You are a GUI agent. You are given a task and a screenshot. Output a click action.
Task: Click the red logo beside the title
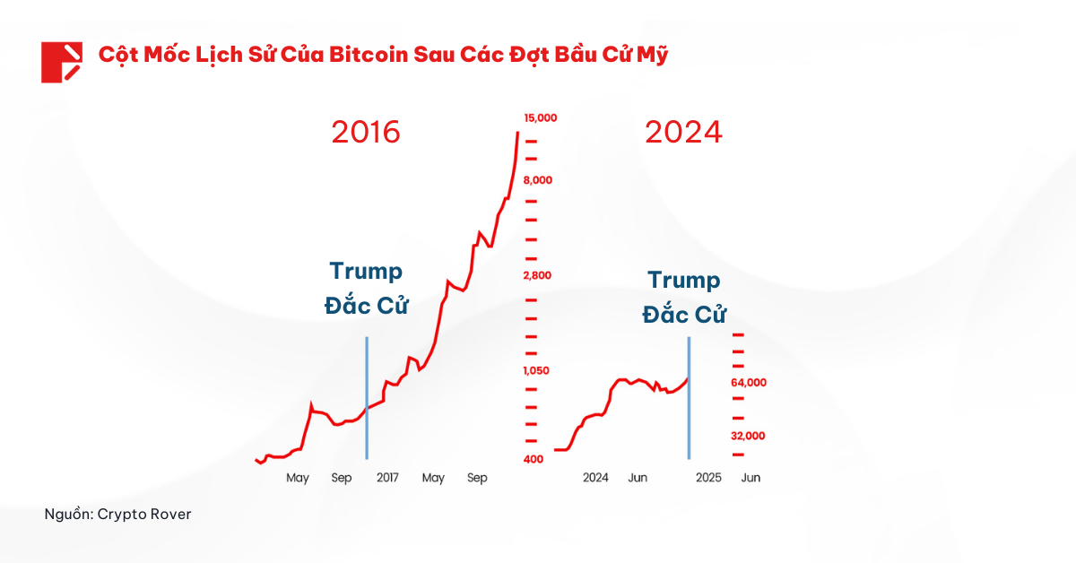click(62, 62)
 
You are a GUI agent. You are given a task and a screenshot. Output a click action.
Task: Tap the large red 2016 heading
click(366, 133)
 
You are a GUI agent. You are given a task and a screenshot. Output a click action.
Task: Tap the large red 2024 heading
click(683, 133)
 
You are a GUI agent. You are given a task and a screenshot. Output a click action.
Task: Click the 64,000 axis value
click(749, 383)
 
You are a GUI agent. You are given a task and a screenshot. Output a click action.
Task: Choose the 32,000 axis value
click(749, 436)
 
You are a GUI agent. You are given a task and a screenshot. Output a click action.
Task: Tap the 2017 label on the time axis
click(387, 478)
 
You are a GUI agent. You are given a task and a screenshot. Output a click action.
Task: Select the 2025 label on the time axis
click(708, 478)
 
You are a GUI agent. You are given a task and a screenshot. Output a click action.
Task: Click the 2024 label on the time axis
click(595, 478)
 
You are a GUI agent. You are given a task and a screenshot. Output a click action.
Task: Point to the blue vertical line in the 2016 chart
click(367, 399)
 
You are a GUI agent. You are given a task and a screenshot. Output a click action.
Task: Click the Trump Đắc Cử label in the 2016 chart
click(366, 288)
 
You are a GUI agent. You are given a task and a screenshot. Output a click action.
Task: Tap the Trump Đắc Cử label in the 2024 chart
click(684, 298)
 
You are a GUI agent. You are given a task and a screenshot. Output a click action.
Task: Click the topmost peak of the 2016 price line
click(518, 134)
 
